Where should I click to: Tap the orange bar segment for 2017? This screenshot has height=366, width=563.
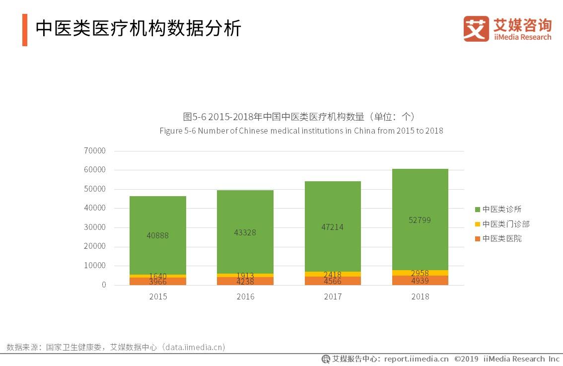tap(333, 281)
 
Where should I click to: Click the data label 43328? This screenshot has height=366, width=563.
tap(245, 232)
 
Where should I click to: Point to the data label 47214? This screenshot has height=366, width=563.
tap(332, 227)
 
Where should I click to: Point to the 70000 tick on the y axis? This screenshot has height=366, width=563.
tap(95, 150)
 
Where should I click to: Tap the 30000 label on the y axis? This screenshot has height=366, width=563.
tap(95, 227)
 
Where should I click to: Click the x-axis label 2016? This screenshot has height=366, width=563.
tap(245, 296)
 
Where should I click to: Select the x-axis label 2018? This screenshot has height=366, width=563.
tap(420, 296)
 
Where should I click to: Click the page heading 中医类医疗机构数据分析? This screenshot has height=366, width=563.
tap(138, 29)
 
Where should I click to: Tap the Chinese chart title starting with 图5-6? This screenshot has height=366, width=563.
tap(299, 117)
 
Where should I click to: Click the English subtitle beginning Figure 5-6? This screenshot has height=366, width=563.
tap(301, 131)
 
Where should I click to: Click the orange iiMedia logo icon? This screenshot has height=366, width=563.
tap(476, 29)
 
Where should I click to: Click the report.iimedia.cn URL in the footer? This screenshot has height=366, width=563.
tap(416, 359)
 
